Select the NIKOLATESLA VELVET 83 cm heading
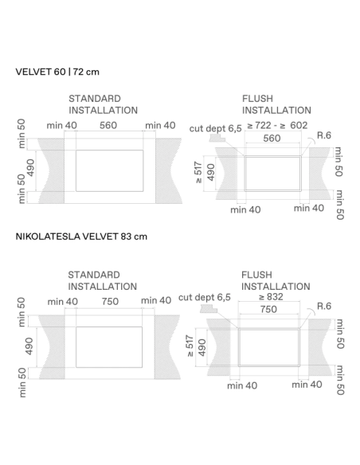coord(81,236)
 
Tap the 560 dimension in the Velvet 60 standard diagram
coord(108,125)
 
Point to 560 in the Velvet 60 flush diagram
coord(272,138)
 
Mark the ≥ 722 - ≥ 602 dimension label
coord(277,125)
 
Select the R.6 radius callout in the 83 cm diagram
coord(323,307)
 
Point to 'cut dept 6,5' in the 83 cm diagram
coord(205,297)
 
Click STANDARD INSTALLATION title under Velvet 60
coord(103,104)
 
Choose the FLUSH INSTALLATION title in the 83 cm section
coord(276,279)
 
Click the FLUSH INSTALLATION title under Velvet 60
coord(276,104)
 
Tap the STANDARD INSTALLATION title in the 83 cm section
coord(103,279)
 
